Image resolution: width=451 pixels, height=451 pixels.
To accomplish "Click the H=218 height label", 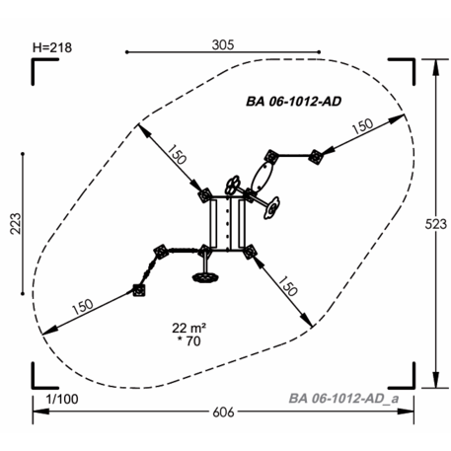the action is pyautogui.click(x=52, y=47).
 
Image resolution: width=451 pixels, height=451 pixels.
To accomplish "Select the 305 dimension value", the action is pyautogui.click(x=223, y=44).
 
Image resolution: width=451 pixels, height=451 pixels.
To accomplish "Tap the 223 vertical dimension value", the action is pyautogui.click(x=15, y=224).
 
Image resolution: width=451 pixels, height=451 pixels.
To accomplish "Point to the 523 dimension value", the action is pyautogui.click(x=436, y=224).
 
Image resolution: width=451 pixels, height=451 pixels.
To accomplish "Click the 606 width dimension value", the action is pyautogui.click(x=223, y=412).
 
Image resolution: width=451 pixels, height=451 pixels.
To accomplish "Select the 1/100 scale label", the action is pyautogui.click(x=62, y=399).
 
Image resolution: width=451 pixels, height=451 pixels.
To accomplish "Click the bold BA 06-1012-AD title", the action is pyautogui.click(x=293, y=102).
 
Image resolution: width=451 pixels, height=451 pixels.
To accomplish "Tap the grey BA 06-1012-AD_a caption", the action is pyautogui.click(x=343, y=399).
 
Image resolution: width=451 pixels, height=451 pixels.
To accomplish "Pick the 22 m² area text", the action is pyautogui.click(x=188, y=328).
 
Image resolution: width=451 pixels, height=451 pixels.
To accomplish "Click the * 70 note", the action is pyautogui.click(x=188, y=341).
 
